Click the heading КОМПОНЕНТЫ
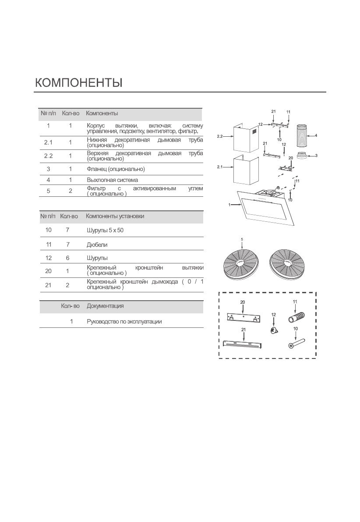(78, 83)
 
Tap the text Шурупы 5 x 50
(105, 230)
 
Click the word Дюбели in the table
(97, 245)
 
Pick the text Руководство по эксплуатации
(124, 322)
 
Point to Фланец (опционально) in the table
(116, 169)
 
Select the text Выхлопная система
(113, 180)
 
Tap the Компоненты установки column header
(115, 216)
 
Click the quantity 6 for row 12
(67, 258)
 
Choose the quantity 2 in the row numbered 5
(70, 191)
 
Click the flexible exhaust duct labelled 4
(303, 136)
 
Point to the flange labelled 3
(302, 155)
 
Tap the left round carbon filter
(242, 264)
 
